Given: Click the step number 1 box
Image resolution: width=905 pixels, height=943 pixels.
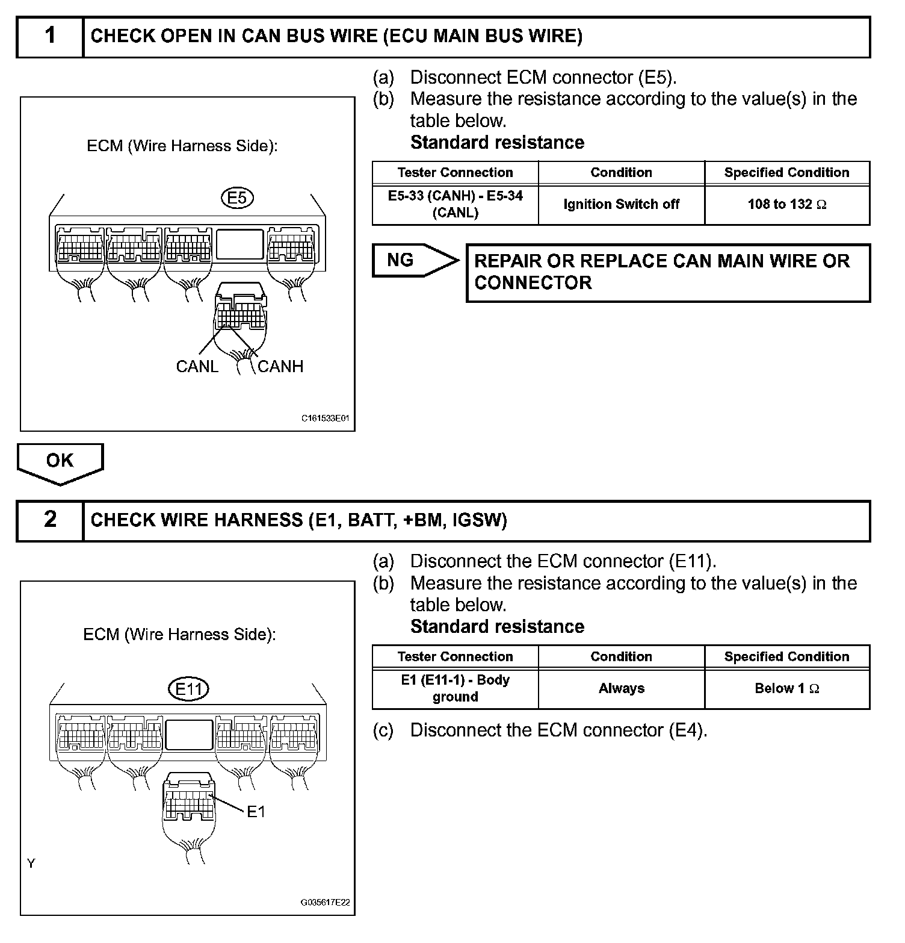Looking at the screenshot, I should (x=50, y=37).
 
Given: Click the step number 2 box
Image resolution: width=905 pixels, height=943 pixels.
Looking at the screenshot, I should (x=50, y=520).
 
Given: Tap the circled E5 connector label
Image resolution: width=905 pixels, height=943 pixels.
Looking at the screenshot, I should (x=237, y=198).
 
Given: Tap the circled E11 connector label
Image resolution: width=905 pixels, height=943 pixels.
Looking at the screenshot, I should (x=188, y=689).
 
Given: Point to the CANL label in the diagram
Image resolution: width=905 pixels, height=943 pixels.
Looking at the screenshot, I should (x=197, y=366).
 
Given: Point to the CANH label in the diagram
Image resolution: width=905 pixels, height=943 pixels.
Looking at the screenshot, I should (x=280, y=366).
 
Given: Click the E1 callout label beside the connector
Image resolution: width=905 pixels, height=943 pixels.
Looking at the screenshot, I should (x=256, y=812).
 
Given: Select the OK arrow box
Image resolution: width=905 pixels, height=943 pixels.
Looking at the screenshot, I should (x=60, y=462).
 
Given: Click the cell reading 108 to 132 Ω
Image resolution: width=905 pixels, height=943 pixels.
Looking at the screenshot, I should (x=786, y=205).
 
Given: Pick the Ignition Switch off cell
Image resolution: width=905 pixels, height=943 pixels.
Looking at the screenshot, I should (x=621, y=205).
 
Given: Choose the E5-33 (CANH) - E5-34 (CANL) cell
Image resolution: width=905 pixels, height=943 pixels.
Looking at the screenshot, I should (x=455, y=205).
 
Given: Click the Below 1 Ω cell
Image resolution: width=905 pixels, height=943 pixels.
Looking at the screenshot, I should (x=786, y=689).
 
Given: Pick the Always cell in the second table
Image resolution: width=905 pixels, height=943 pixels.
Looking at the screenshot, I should (x=621, y=689).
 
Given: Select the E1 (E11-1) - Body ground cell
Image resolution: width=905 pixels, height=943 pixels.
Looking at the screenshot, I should (x=455, y=689).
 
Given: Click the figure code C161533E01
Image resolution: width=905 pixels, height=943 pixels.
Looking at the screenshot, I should (x=325, y=417).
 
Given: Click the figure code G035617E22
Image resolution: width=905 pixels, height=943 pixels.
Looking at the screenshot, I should (x=325, y=903).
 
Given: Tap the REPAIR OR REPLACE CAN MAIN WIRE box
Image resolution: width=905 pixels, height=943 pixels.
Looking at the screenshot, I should (x=668, y=272).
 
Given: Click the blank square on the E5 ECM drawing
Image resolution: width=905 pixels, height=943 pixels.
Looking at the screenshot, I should (x=240, y=244).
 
